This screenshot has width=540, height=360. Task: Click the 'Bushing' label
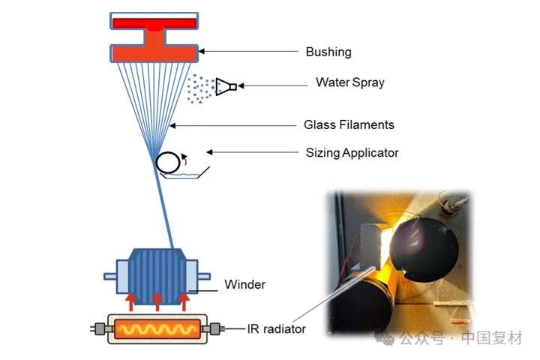pos(328,52)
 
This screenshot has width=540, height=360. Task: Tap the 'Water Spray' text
pos(349,82)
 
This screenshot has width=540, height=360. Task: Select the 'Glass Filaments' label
pos(349,124)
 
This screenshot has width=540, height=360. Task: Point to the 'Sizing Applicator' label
pos(352,153)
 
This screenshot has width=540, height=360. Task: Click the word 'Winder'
pos(244,285)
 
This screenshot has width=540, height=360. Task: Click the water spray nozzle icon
pos(226,87)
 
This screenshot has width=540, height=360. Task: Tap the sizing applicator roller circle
pos(168,162)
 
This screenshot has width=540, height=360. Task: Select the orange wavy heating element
pos(157,329)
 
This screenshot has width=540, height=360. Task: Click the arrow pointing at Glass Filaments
pos(233,125)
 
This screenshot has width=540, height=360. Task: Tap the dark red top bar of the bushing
pos(154,22)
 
